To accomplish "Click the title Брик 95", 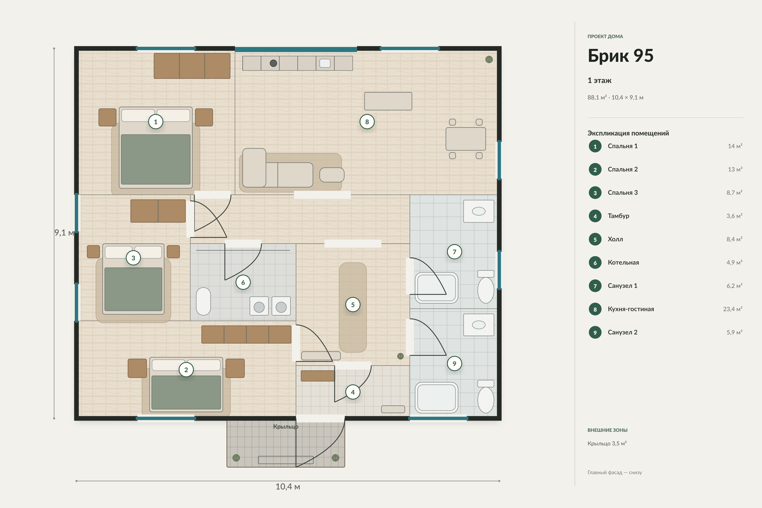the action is coord(620,56).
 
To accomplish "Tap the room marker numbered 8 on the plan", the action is coord(367,122).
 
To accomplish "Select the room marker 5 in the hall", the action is coord(353,305).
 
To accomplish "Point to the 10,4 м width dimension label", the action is coord(288,487).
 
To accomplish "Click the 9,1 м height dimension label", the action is coord(64,233).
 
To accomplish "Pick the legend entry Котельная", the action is coord(623,262).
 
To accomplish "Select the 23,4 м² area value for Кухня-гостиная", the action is coord(733,309).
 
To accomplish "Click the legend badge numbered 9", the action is coord(595,332).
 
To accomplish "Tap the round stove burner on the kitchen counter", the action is coord(273,63).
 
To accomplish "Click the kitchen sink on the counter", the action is coord(325,63).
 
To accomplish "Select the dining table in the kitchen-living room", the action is coord(465,139).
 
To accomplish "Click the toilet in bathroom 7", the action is coord(486,287).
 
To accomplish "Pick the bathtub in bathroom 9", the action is coord(436,398).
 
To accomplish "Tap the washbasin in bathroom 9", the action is coord(479,325).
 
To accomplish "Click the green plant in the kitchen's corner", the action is coord(489,59).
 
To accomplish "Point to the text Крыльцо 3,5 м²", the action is coord(607,443).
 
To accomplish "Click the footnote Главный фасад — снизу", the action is coord(615,472).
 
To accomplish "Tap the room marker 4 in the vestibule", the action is coord(353,392).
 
